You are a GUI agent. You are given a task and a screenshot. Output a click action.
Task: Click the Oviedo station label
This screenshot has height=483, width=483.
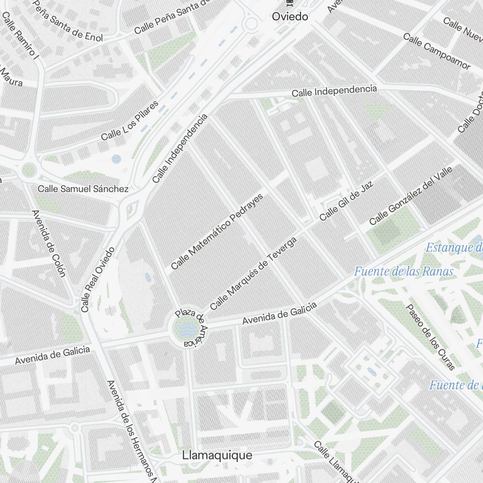[x=290, y=16]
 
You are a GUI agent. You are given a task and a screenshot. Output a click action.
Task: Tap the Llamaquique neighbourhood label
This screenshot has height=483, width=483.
[x=217, y=455]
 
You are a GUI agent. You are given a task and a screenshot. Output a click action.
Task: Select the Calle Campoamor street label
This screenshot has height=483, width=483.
[x=437, y=51]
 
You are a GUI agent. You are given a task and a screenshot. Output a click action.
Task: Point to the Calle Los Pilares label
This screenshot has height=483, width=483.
[x=130, y=121]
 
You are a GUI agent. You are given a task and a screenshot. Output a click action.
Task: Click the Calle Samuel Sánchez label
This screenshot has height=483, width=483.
[x=83, y=189]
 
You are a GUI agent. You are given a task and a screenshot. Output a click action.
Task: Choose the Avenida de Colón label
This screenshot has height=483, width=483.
[x=48, y=244]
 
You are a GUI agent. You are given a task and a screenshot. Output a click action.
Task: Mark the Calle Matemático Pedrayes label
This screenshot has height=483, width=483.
[x=217, y=231]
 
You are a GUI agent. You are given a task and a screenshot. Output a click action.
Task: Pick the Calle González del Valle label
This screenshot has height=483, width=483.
[x=411, y=196]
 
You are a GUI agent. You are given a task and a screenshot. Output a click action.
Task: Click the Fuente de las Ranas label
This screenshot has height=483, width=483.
[x=404, y=271]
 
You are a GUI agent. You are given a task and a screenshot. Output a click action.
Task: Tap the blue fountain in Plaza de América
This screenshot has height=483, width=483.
[x=186, y=330]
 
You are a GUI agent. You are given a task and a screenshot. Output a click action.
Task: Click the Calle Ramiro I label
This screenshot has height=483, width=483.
[x=20, y=36]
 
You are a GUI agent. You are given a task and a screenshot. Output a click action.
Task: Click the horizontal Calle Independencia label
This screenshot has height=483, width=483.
[x=334, y=90]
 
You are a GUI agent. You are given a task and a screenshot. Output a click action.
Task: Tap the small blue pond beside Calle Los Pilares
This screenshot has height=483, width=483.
[x=116, y=158]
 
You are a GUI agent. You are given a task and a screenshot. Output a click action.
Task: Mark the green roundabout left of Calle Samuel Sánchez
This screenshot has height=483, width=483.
[x=29, y=170]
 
